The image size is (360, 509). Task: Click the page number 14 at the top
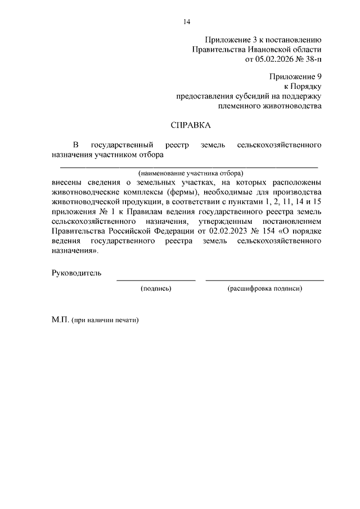tap(187, 22)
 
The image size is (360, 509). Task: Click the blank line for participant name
tap(189, 167)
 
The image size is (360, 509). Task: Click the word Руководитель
tap(76, 273)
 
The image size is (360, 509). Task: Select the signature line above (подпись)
tap(156, 280)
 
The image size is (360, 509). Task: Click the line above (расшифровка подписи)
tap(264, 280)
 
